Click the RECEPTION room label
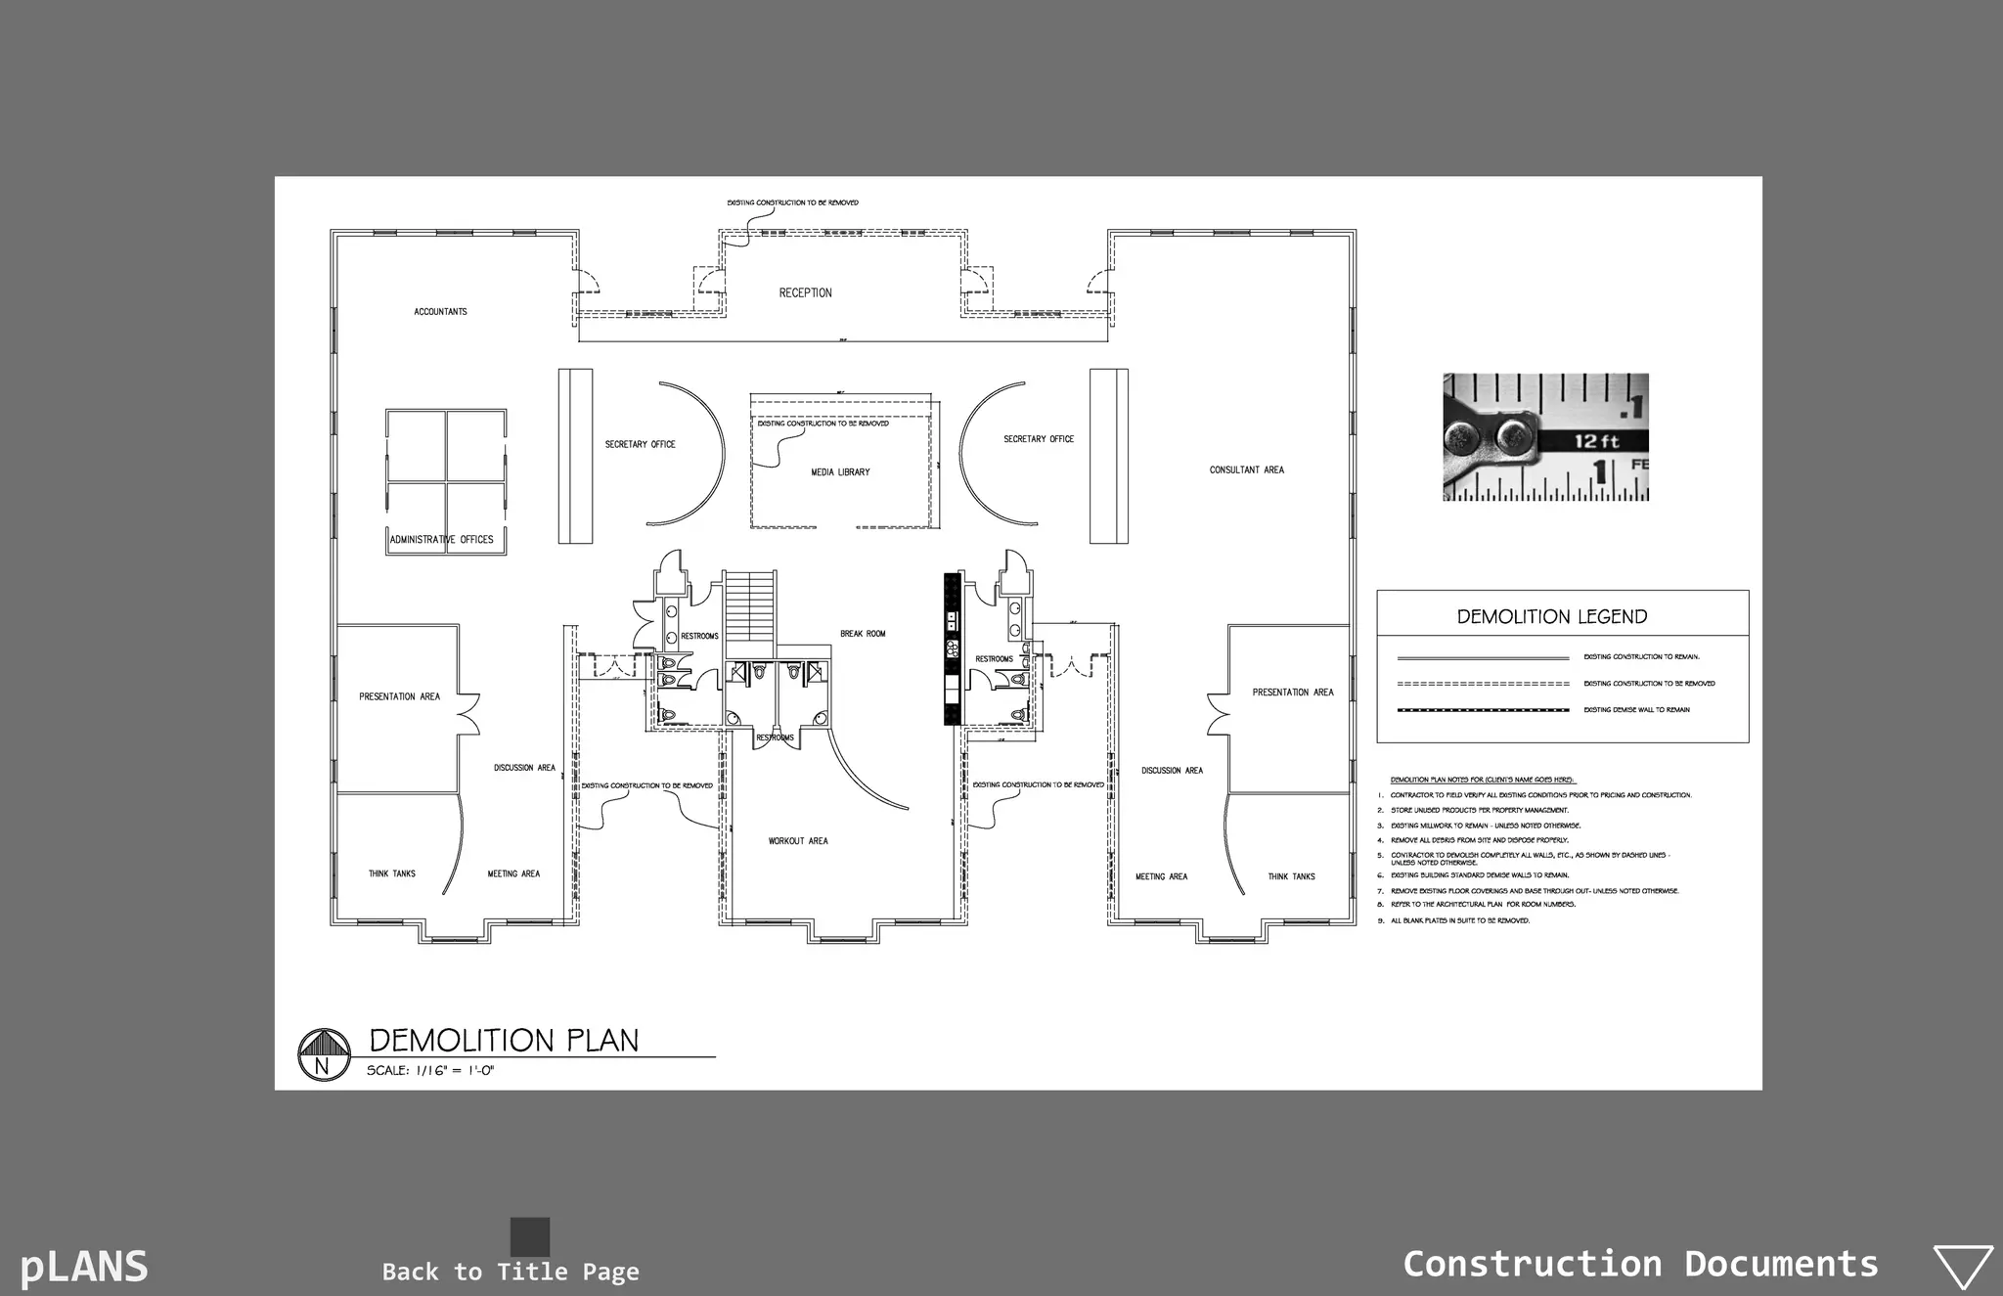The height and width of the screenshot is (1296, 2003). point(805,292)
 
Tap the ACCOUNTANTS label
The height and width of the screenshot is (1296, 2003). point(440,312)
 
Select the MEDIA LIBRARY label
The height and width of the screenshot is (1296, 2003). point(840,472)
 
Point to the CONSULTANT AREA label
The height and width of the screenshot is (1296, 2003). point(1246,470)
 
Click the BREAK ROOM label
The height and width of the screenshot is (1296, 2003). point(863,634)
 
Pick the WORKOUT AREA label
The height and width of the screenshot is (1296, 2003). point(798,841)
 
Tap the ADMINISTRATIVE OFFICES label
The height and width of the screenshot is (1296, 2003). point(442,540)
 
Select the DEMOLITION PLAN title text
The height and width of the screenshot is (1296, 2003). point(504,1041)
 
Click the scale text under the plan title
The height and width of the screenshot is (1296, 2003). point(430,1071)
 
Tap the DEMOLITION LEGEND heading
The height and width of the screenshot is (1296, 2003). point(1552,617)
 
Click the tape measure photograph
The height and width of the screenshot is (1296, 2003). point(1545,437)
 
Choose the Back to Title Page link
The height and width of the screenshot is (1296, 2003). point(511,1272)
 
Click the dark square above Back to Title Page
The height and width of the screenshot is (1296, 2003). point(530,1236)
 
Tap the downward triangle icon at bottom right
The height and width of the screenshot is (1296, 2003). point(1963,1266)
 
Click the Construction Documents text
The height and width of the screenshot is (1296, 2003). point(1640,1264)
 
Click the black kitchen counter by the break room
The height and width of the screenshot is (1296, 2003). point(952,649)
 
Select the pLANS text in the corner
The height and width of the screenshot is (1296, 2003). point(84,1267)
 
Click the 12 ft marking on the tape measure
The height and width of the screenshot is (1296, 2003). point(1597,442)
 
